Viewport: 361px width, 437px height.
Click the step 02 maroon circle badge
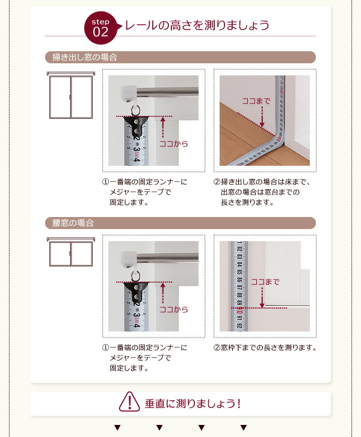100,28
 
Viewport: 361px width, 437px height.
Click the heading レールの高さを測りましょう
197,25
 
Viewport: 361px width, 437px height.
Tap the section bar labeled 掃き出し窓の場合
180,57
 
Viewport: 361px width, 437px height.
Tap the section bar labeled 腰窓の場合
180,223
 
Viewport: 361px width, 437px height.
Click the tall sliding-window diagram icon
71,95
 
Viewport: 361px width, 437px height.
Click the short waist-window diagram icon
71,252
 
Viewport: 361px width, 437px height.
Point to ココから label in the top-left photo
174,144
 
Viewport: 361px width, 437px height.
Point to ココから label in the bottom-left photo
174,309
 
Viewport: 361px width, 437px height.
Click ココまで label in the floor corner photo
256,101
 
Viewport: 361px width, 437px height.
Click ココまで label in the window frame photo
265,282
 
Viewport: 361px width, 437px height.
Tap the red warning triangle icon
129,401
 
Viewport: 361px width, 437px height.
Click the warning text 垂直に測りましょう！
193,403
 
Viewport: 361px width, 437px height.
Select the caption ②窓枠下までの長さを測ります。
265,348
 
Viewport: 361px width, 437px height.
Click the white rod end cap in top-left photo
129,92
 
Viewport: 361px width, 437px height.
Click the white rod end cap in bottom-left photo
129,257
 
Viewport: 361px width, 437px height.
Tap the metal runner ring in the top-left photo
135,110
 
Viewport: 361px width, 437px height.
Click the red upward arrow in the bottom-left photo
163,293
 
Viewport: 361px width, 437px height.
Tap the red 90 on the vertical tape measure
239,310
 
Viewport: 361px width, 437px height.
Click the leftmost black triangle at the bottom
117,427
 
